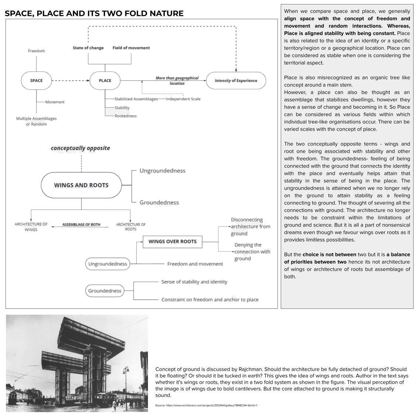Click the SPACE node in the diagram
point(36,80)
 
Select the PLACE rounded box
point(105,80)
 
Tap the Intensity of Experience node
point(236,80)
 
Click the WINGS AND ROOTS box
point(81,185)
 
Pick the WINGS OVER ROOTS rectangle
point(172,242)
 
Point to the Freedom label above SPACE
point(36,51)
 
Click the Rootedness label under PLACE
point(125,116)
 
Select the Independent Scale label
point(183,99)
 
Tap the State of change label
point(88,48)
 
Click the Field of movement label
point(131,48)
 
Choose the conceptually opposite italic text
point(80,148)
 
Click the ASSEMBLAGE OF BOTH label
point(81,225)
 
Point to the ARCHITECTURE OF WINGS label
point(31,227)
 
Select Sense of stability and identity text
point(194,282)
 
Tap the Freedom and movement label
point(195,264)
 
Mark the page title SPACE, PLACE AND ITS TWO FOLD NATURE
point(94,14)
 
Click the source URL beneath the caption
point(206,405)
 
